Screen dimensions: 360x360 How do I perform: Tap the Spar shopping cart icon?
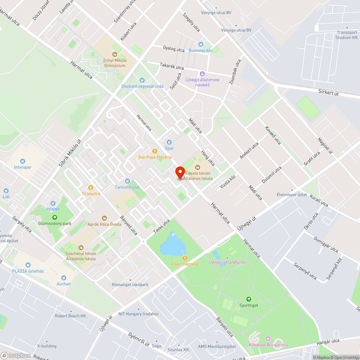pyautogui.click(x=169, y=143)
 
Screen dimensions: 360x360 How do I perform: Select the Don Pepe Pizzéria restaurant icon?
pyautogui.click(x=155, y=152)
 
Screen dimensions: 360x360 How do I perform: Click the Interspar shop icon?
pyautogui.click(x=23, y=162)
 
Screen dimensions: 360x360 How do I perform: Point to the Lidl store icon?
pyautogui.click(x=6, y=191)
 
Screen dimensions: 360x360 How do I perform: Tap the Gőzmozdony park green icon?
pyautogui.click(x=55, y=217)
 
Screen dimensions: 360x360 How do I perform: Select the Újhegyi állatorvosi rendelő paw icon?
pyautogui.click(x=202, y=74)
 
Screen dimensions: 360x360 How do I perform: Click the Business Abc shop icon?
pyautogui.click(x=201, y=44)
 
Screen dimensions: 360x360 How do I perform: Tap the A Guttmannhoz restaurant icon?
pyautogui.click(x=185, y=258)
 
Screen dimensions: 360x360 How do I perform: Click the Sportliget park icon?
pyautogui.click(x=248, y=299)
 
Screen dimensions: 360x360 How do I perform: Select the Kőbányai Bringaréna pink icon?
pyautogui.click(x=268, y=339)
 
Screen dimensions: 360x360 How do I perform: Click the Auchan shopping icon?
pyautogui.click(x=64, y=278)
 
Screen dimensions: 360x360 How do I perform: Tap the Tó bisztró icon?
pyautogui.click(x=91, y=188)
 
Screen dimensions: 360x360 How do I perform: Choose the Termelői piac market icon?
pyautogui.click(x=127, y=181)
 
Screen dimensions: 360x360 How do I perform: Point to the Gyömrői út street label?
pyautogui.click(x=139, y=339)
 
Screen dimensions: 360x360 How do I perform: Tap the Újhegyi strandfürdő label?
pyautogui.click(x=227, y=262)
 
